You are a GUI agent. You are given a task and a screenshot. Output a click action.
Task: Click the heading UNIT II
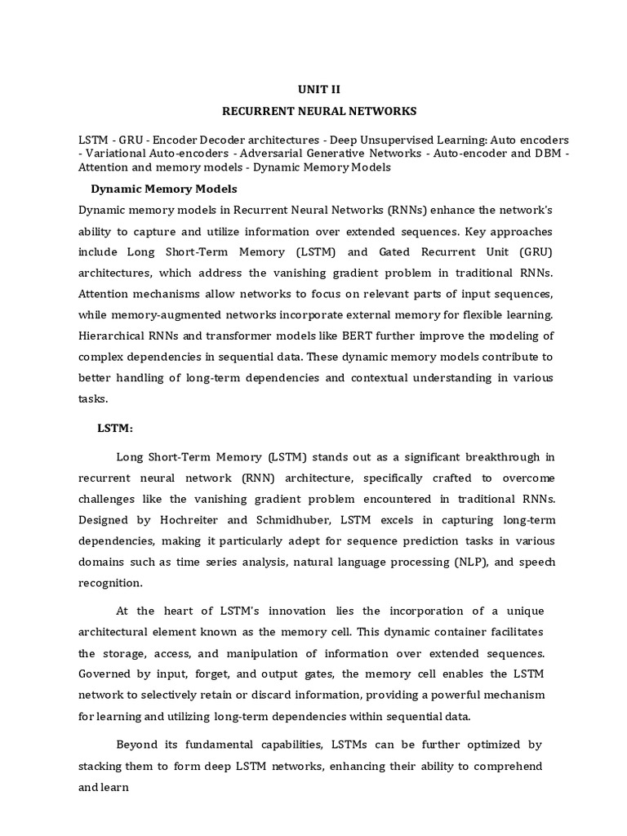(x=314, y=89)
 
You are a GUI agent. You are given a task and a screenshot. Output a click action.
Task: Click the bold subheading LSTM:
(x=115, y=428)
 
